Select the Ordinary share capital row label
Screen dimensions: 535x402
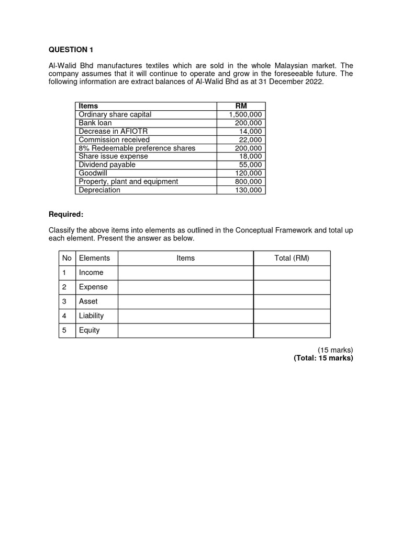(x=115, y=114)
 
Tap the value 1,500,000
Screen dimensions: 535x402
(x=245, y=114)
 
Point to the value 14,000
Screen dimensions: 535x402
(x=250, y=131)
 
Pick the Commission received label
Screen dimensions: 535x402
(x=114, y=139)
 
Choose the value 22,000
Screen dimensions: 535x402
(x=250, y=139)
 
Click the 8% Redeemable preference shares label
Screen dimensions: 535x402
(x=137, y=148)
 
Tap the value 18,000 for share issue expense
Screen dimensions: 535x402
(x=250, y=156)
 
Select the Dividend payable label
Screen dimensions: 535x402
(x=107, y=165)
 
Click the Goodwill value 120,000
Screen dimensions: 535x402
(x=248, y=173)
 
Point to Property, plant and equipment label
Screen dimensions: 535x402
(x=128, y=181)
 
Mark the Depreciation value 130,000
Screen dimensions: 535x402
(x=248, y=190)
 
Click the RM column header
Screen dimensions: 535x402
(x=241, y=106)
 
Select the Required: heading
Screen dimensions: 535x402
(x=66, y=214)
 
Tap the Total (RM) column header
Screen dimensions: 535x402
(x=292, y=258)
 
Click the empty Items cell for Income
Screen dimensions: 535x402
(x=185, y=273)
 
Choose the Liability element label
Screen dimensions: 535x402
(x=91, y=316)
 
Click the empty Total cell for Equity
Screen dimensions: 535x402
(x=292, y=330)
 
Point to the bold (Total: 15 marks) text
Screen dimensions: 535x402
(x=323, y=358)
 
